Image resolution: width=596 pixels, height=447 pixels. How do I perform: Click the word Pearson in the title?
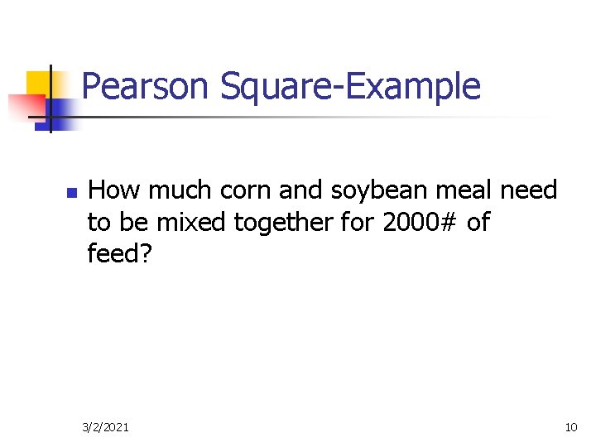pyautogui.click(x=147, y=86)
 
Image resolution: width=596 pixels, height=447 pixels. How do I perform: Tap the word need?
pyautogui.click(x=530, y=190)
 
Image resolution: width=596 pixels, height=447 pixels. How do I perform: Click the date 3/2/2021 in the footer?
pyautogui.click(x=105, y=427)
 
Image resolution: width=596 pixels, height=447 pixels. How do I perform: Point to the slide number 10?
pyautogui.click(x=570, y=427)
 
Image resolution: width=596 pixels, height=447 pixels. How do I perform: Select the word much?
pyautogui.click(x=174, y=190)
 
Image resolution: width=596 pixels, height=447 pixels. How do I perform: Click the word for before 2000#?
pyautogui.click(x=360, y=222)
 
